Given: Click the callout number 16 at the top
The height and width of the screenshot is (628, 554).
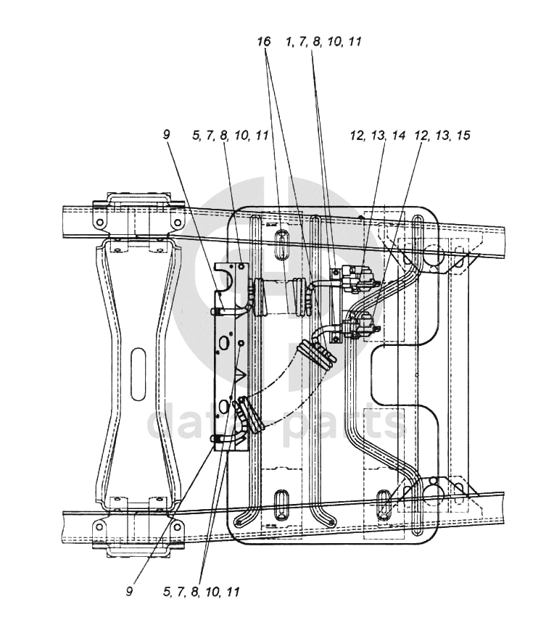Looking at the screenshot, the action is click(264, 41).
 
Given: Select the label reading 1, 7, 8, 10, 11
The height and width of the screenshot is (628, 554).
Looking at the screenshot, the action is click(324, 41).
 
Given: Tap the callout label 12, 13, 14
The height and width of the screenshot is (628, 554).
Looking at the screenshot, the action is click(378, 136).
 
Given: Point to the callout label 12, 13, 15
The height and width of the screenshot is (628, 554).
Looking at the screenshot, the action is click(442, 136).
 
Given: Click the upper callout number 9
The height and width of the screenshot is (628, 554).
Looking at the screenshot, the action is click(167, 135).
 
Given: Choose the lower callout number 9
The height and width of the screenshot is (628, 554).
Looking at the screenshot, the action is click(129, 592).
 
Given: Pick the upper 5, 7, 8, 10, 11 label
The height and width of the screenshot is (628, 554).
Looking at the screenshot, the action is click(230, 136).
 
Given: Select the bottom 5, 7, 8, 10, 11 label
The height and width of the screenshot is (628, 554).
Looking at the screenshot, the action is click(201, 592).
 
